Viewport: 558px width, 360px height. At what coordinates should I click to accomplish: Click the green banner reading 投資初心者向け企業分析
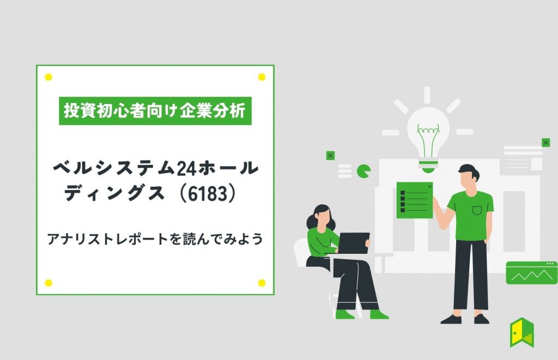click(155, 111)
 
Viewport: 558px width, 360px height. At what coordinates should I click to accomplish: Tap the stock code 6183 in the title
click(208, 194)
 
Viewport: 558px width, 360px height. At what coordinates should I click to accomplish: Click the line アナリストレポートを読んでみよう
click(155, 239)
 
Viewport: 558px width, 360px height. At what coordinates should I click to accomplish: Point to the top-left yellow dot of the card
click(48, 77)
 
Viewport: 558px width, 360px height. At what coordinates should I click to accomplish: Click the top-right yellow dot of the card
click(262, 77)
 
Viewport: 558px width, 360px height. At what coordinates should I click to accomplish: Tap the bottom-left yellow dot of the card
click(48, 283)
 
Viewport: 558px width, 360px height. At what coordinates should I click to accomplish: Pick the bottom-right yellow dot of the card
click(262, 283)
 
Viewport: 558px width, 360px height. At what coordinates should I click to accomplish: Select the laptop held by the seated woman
click(353, 243)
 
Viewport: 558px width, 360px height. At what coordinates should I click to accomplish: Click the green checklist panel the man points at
click(415, 200)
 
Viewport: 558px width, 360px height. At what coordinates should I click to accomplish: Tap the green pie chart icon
click(363, 171)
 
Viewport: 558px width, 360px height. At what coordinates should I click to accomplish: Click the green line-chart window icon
click(532, 273)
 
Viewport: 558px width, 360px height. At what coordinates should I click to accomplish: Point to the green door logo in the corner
click(522, 333)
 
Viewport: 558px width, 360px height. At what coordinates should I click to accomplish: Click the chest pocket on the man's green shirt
click(477, 211)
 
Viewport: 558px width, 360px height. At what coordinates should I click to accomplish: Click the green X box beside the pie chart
click(330, 156)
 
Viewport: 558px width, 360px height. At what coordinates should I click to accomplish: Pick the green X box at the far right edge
click(546, 143)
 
